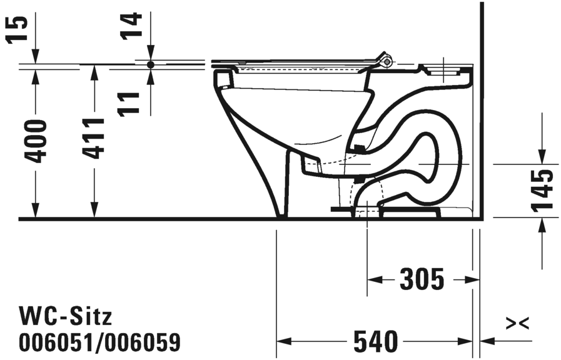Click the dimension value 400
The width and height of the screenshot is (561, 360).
point(37,141)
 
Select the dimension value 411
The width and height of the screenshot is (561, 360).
point(94,137)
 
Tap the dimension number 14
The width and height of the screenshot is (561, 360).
point(133,26)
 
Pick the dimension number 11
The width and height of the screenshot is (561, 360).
point(132,102)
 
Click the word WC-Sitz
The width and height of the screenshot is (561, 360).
point(66,316)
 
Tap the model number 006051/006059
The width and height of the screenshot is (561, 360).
point(100,342)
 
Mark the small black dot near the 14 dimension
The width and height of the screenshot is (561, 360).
point(150,64)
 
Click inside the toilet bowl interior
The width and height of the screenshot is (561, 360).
point(294,119)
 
